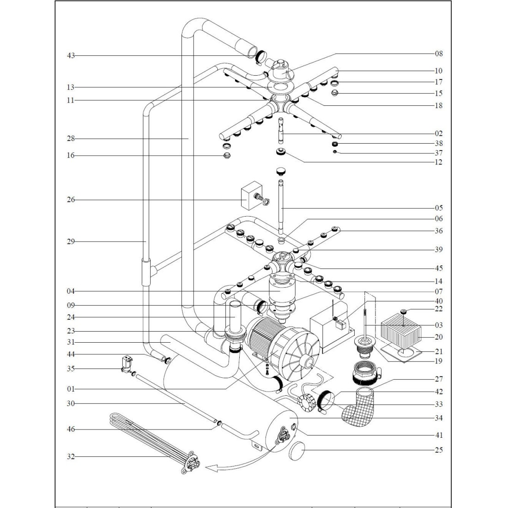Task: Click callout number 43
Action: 71,56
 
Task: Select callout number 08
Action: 438,54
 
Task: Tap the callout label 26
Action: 71,200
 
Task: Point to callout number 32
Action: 71,457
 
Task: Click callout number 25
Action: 438,450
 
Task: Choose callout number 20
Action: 438,337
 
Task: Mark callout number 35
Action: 71,369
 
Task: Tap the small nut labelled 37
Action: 336,152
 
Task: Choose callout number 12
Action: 438,162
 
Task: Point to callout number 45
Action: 438,268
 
